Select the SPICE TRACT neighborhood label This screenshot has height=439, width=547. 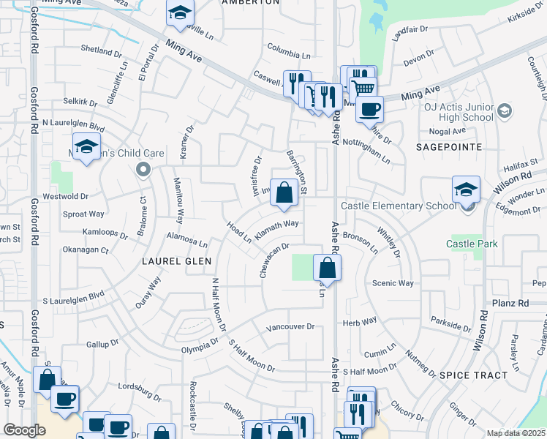[473, 375]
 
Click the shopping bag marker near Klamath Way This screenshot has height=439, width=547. [284, 194]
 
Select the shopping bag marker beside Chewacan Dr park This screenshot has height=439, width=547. [327, 268]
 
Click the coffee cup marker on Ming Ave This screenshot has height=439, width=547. [369, 110]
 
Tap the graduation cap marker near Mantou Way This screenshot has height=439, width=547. [86, 148]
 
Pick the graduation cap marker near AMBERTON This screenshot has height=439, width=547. [179, 13]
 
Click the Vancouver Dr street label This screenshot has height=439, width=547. [290, 327]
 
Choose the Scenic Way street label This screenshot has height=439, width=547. [393, 283]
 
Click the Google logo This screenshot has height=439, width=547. [24, 430]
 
